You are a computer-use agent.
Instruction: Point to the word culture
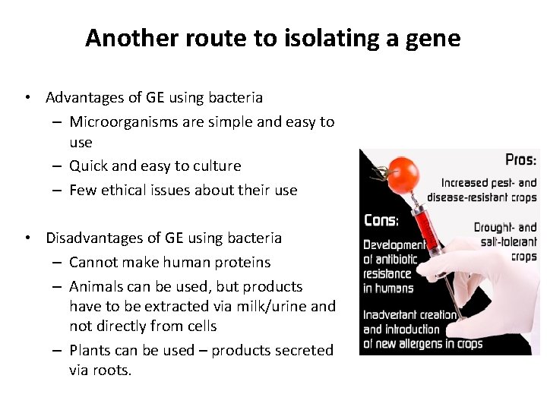point(217,166)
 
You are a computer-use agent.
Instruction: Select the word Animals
point(96,286)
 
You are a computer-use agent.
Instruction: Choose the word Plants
point(89,350)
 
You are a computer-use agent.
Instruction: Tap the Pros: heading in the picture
point(520,160)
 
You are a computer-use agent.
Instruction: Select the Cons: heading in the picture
point(381,220)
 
